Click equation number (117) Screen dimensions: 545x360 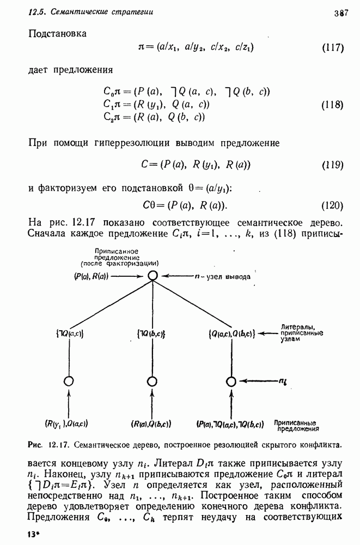point(332,47)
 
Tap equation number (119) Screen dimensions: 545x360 point(332,165)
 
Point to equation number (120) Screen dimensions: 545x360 point(332,205)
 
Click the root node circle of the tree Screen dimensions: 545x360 point(153,276)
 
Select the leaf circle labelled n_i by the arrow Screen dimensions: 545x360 point(231,381)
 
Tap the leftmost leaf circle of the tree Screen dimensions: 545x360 point(69,381)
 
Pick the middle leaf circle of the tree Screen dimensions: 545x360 point(152,381)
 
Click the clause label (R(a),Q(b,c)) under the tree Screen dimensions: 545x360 point(152,423)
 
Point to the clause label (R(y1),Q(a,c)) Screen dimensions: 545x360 point(67,423)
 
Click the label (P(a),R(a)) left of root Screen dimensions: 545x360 point(91,276)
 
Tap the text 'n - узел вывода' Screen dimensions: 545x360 point(223,277)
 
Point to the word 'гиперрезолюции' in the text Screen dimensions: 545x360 point(129,143)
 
